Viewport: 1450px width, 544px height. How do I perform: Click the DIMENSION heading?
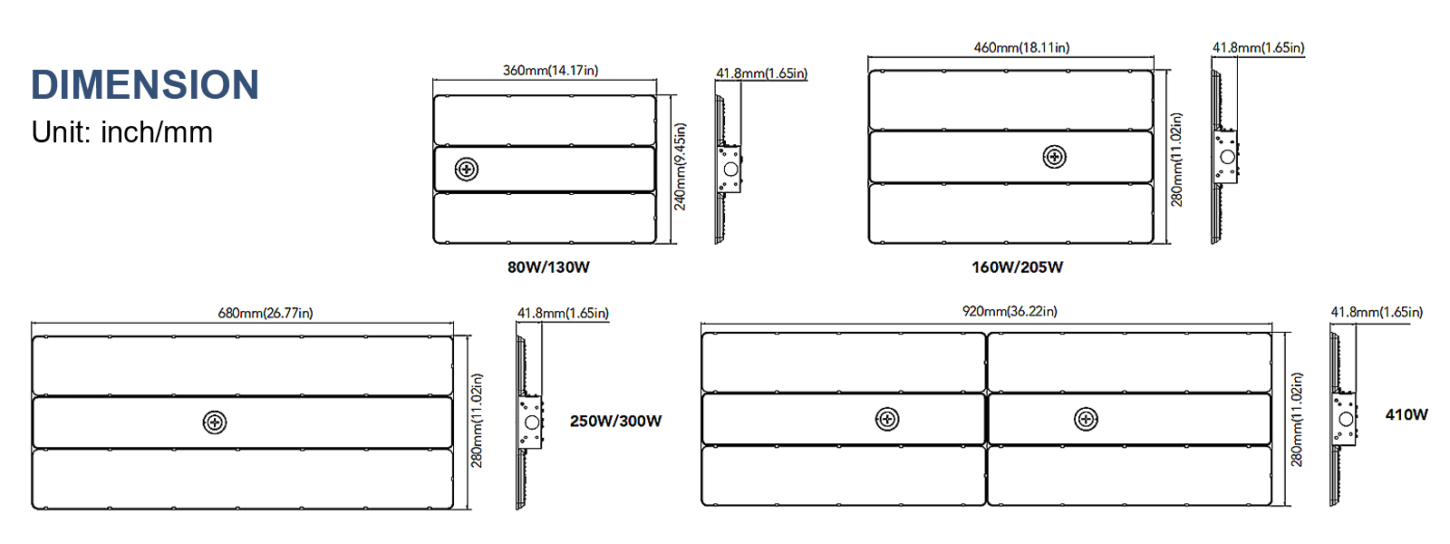point(145,85)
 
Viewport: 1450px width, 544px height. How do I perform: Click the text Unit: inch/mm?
point(121,132)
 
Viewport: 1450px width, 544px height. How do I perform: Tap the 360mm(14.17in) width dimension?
point(550,71)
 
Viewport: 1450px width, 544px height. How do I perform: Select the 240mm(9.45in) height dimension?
point(680,167)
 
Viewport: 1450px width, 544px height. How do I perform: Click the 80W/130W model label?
point(548,267)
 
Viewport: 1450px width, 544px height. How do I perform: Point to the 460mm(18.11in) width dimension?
point(1021,47)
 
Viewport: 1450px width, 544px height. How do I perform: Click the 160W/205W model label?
point(1017,267)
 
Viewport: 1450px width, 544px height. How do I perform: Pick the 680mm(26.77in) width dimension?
point(265,313)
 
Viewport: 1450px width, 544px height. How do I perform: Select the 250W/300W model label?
point(615,421)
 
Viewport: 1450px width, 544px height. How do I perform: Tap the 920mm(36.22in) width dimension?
point(1010,311)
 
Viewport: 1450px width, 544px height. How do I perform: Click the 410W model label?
point(1406,414)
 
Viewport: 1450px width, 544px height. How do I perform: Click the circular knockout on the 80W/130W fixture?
point(467,169)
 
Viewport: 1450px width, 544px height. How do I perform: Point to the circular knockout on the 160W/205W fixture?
point(1054,157)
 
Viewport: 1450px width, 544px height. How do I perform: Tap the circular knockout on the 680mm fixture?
point(215,423)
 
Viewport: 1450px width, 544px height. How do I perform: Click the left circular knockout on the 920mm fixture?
point(887,419)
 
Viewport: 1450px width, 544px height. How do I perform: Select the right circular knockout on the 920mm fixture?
point(1086,419)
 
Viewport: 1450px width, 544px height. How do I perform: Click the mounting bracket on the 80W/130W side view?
point(730,169)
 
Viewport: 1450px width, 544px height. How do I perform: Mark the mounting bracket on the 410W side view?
point(1345,418)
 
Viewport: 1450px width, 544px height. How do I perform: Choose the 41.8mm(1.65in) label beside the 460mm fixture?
point(1258,47)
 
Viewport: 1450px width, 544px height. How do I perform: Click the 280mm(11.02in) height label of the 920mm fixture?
point(1297,419)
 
